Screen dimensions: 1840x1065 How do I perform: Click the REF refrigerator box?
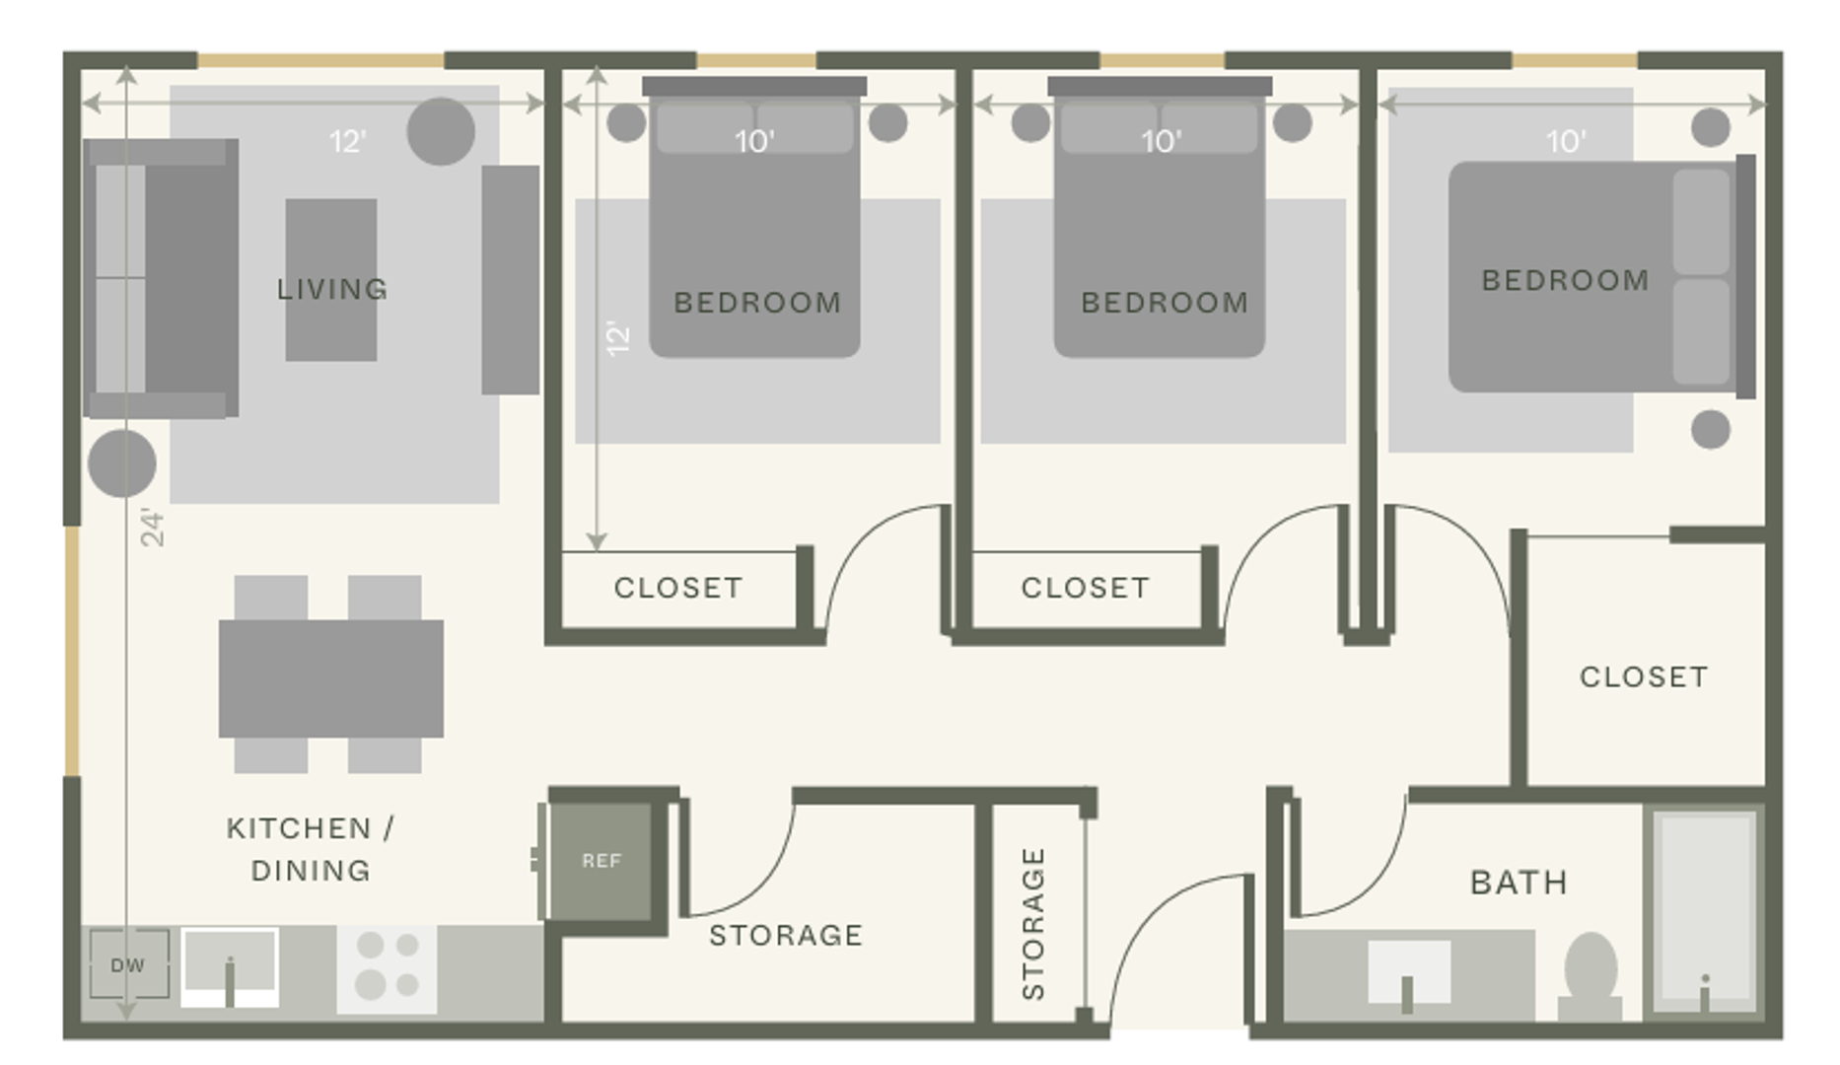601,861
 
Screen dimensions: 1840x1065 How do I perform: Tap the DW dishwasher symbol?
128,964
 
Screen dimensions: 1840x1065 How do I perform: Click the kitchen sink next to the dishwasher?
230,967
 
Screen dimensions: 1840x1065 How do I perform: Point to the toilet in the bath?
1590,976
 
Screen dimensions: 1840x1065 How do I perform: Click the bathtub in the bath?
1705,912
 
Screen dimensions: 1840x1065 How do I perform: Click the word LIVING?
332,289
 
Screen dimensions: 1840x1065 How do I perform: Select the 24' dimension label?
152,528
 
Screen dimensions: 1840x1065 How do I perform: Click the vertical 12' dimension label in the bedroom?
618,337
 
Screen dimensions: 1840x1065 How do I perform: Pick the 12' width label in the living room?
348,142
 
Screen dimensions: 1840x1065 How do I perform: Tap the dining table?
331,678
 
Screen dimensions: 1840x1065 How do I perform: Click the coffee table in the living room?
331,280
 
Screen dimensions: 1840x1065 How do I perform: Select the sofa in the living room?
162,278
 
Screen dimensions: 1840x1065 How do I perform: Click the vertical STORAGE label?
1032,924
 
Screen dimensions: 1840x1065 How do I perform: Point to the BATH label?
1519,883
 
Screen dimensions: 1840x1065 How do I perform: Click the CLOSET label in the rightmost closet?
1644,676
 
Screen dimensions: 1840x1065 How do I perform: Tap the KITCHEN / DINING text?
311,849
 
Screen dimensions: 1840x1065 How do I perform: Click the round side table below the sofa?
122,462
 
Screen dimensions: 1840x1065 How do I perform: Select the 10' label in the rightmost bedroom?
1566,142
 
